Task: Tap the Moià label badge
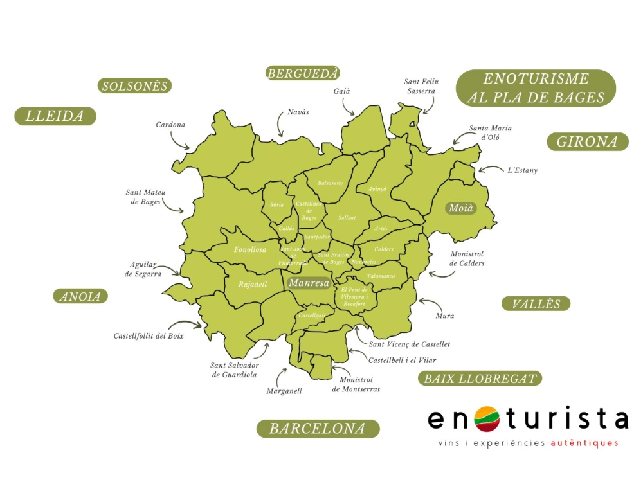pos(461,208)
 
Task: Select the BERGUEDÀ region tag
pos(302,73)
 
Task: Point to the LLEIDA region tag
pos(55,116)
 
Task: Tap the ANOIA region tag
pos(80,296)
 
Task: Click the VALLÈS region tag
pos(536,304)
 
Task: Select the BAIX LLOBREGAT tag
pos(480,379)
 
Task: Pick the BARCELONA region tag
pos(318,429)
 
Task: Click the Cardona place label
pos(170,125)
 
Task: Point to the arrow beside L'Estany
pos(489,170)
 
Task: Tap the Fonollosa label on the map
pos(250,249)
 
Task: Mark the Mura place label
pos(444,316)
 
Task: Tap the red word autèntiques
pos(587,443)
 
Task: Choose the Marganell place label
pos(284,391)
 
